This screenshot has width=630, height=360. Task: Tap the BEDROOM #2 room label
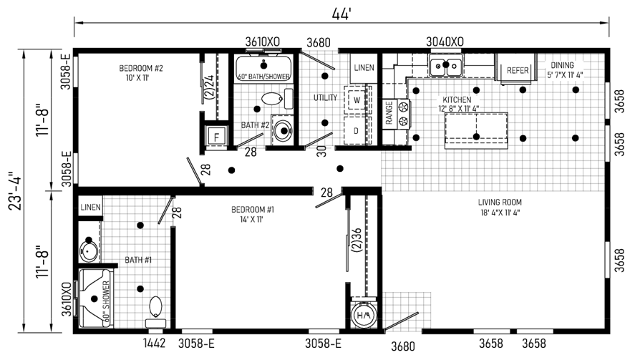tap(141, 73)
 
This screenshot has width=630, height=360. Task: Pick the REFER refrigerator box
tap(517, 71)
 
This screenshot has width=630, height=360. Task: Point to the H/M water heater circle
tap(365, 314)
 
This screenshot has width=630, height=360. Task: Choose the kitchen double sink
tap(445, 67)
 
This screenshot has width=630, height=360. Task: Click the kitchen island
tap(476, 130)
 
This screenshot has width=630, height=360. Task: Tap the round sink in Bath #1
tap(89, 250)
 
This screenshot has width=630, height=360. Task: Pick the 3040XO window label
tap(445, 42)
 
